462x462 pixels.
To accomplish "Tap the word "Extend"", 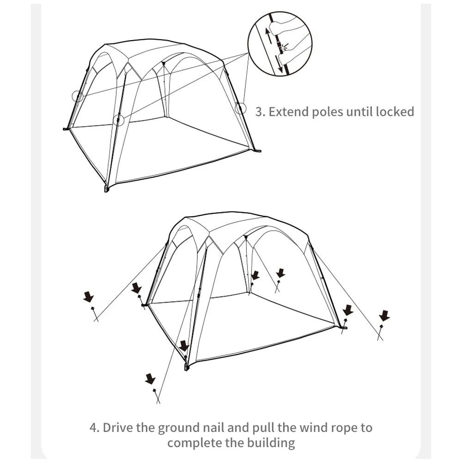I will [x=288, y=111].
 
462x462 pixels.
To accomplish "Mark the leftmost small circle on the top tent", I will [x=77, y=96].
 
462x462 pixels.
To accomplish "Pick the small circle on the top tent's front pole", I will [x=118, y=120].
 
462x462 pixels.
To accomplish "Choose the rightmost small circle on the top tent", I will [x=240, y=109].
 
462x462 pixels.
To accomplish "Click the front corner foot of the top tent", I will [x=107, y=189].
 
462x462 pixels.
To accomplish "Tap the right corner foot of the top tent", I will [x=258, y=151].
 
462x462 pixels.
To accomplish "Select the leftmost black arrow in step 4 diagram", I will [x=89, y=297].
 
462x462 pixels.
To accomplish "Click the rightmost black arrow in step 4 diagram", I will [x=384, y=316].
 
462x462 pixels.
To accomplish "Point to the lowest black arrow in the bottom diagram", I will [x=150, y=379].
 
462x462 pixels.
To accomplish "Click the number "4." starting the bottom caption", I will [x=94, y=427].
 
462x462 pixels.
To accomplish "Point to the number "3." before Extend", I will [x=260, y=111].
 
